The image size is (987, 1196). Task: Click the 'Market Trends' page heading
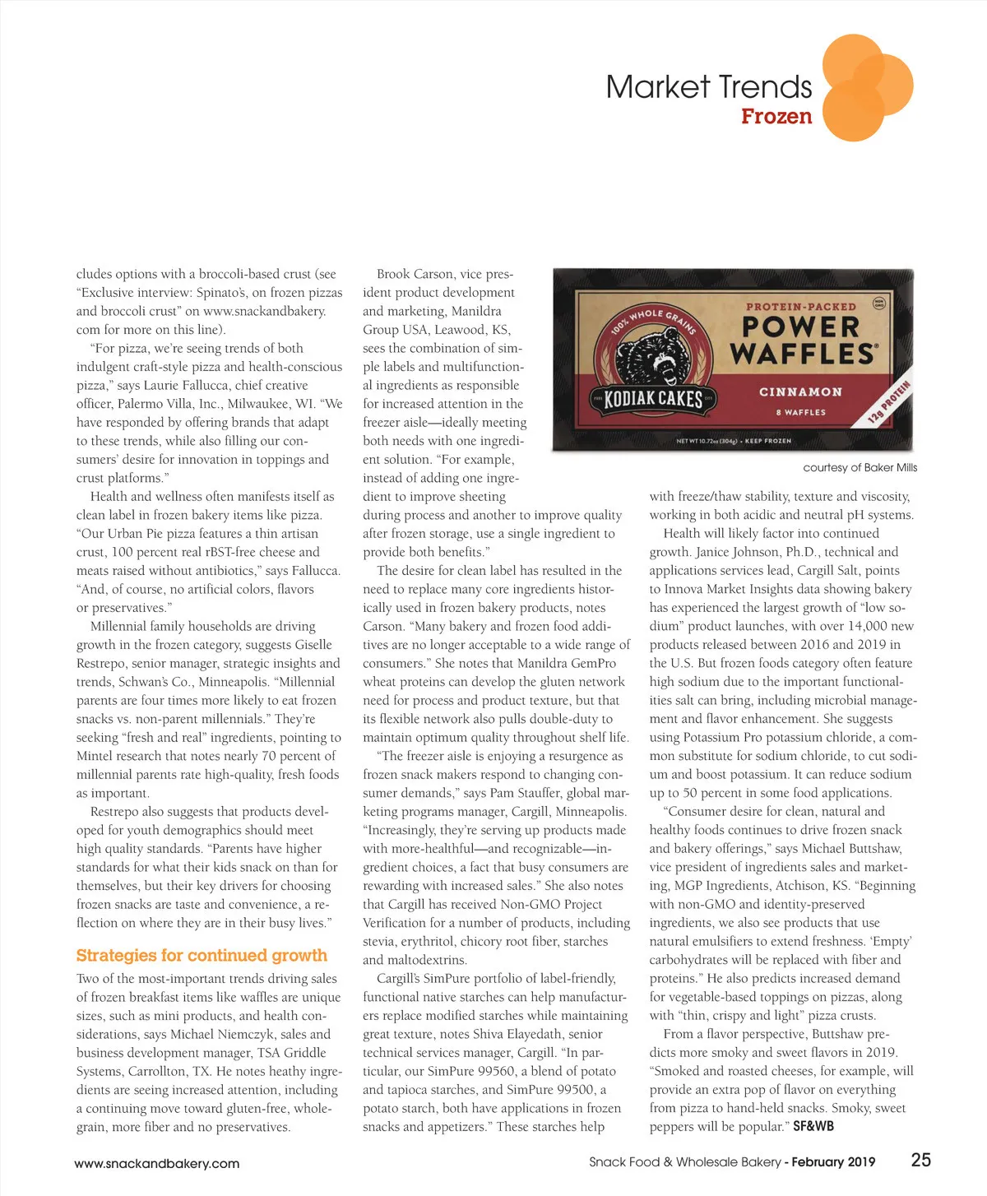coord(708,86)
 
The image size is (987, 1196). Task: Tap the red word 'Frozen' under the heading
coord(776,117)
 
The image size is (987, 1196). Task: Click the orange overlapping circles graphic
coord(865,87)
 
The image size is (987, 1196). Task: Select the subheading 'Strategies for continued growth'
coord(202,955)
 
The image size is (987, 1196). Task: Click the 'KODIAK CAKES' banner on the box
coord(654,399)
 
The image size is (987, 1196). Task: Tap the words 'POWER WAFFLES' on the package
coord(801,340)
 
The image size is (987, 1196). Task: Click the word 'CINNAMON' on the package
coord(800,392)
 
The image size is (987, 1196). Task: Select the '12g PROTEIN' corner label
coord(888,403)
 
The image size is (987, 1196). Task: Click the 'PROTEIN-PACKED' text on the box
coord(800,307)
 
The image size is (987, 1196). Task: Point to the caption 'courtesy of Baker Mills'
coord(860,467)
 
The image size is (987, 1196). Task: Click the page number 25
coord(921,1160)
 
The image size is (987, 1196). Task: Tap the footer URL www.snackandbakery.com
coord(156,1163)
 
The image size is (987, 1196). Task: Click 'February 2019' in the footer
coord(833,1162)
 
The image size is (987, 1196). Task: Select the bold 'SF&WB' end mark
coord(813,1126)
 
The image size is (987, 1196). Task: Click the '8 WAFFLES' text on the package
coord(800,412)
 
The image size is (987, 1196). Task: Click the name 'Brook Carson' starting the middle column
coord(415,274)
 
